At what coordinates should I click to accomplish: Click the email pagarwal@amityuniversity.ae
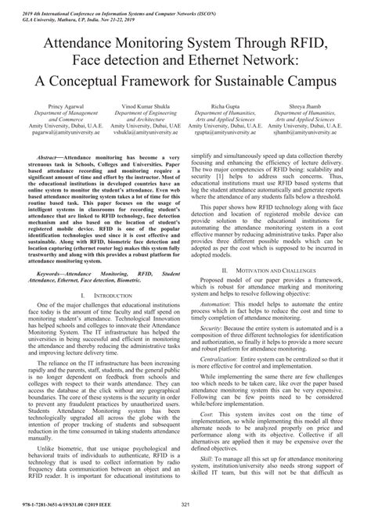pos(67,135)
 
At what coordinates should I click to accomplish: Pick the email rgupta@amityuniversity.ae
pos(227,135)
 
